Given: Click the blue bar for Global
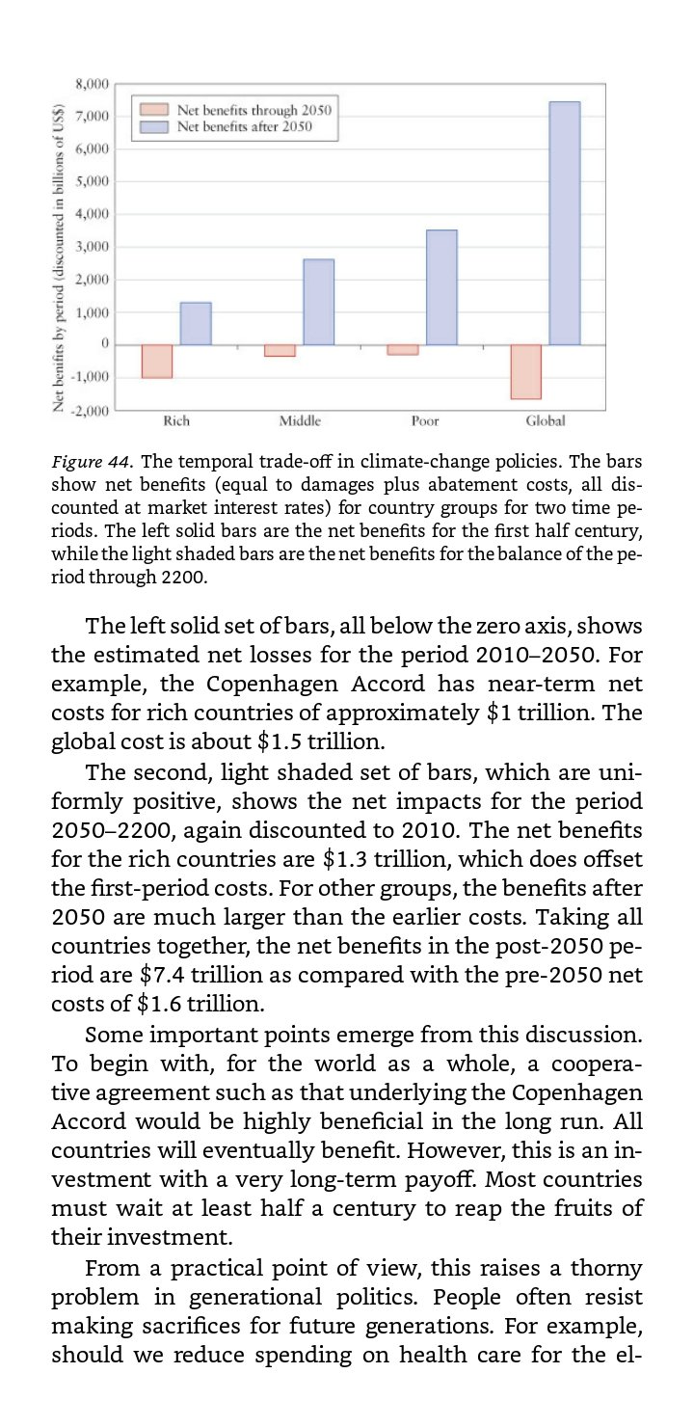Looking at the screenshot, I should point(565,223).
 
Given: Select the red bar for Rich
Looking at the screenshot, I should point(157,362).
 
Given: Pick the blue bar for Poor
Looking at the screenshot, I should point(441,287).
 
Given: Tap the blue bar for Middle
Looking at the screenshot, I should point(318,302).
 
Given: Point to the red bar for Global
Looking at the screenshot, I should point(526,371).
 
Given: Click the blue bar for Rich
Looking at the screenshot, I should point(196,324).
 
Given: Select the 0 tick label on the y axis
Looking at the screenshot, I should point(103,344).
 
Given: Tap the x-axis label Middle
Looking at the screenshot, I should point(300,421).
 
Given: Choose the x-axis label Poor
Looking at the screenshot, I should point(424,421).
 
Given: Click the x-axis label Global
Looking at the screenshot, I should point(546,421).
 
